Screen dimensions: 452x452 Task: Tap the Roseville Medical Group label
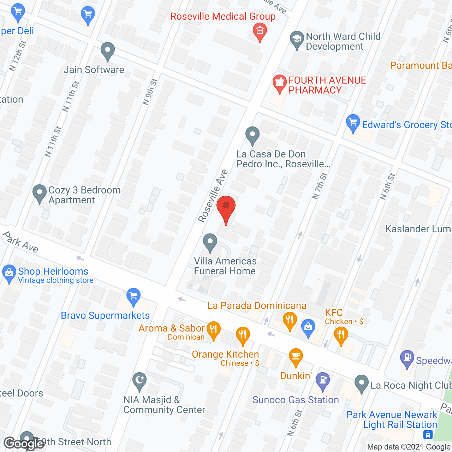[223, 17]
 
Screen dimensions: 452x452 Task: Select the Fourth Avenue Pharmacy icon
[279, 84]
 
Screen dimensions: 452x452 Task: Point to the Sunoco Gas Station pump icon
[323, 380]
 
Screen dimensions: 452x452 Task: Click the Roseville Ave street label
[213, 196]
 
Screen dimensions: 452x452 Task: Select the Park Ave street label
[20, 242]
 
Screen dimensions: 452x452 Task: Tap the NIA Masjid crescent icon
[139, 381]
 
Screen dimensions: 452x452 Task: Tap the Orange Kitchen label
[225, 354]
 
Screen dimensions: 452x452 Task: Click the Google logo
[24, 443]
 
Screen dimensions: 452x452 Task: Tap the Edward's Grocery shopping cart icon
[353, 123]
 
